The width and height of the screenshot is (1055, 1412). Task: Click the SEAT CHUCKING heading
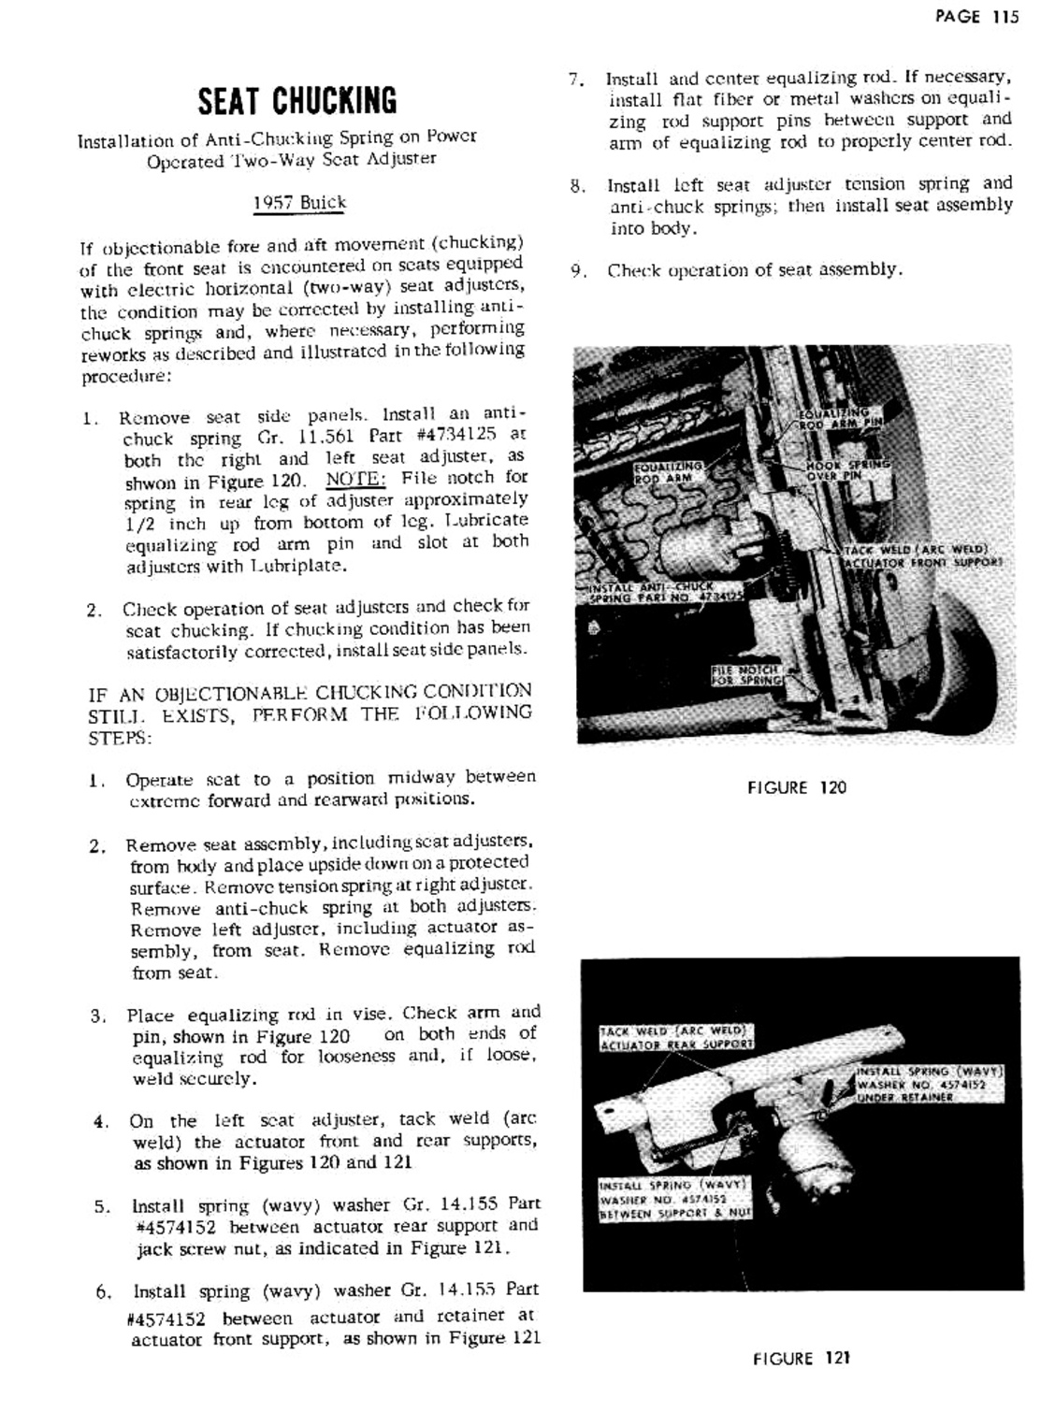pos(296,100)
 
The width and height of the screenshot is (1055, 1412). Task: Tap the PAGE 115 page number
pos(976,17)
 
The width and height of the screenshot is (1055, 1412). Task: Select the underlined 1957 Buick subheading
pos(299,203)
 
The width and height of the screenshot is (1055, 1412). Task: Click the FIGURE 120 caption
pos(796,787)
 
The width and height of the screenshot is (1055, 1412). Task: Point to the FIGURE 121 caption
pos(802,1358)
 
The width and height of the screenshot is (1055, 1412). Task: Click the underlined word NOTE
pos(355,479)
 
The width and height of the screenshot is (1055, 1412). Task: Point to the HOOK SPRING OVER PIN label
pos(847,469)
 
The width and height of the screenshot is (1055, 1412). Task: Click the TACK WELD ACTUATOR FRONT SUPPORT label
pos(922,556)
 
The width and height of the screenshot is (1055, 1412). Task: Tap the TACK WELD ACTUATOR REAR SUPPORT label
pos(675,1037)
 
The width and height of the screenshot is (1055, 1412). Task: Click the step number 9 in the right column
pos(578,272)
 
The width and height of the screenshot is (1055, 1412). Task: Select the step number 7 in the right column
pos(577,79)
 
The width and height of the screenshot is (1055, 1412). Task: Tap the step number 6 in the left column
pos(103,1293)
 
